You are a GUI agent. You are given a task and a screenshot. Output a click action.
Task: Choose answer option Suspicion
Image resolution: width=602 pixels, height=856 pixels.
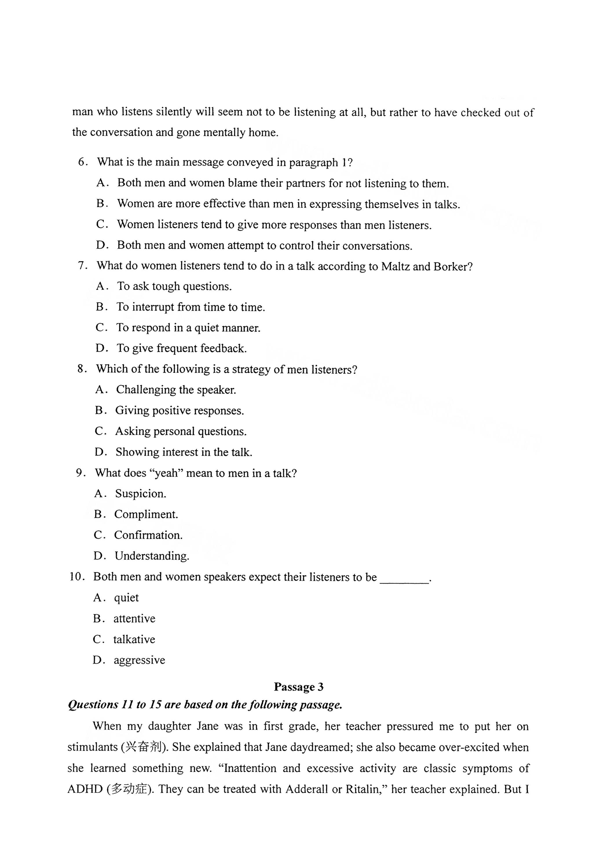click(x=140, y=494)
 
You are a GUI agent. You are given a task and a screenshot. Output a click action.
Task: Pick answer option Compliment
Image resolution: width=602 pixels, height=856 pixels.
click(x=146, y=514)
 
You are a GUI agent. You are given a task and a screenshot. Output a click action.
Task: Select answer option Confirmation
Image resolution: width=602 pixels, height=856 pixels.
click(x=148, y=535)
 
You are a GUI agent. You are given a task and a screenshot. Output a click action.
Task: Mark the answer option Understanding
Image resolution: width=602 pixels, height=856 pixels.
click(x=152, y=556)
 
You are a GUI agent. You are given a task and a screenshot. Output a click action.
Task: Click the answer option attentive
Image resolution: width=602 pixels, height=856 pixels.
click(x=134, y=619)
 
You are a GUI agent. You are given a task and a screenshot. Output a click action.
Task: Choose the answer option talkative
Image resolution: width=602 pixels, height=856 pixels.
click(x=134, y=639)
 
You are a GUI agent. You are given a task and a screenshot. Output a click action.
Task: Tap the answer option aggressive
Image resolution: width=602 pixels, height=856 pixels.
click(x=139, y=660)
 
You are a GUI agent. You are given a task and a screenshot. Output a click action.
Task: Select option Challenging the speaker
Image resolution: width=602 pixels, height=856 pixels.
click(x=176, y=390)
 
